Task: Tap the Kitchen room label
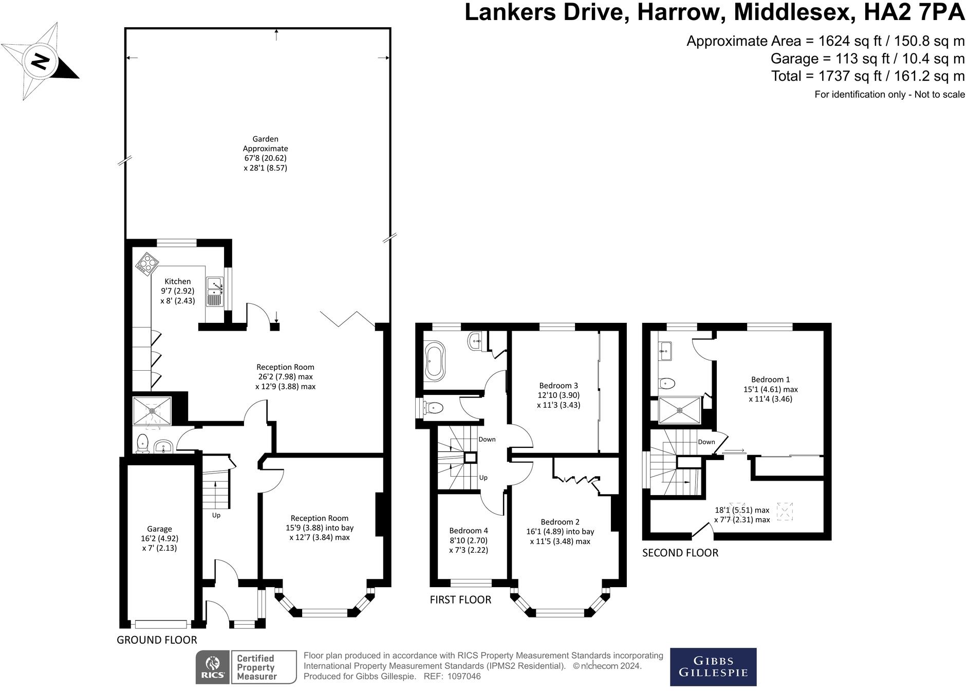[x=177, y=281]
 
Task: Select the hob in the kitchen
[x=147, y=264]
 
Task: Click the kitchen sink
[x=215, y=291]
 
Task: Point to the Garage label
[x=159, y=529]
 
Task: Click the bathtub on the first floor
[x=435, y=360]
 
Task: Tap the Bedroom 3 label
[x=559, y=385]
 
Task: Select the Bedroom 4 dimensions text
[x=468, y=545]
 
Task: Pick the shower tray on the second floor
[x=679, y=410]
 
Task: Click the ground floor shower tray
[x=152, y=410]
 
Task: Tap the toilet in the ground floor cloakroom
[x=142, y=443]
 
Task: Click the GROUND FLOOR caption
[x=157, y=640]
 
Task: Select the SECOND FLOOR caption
[x=680, y=553]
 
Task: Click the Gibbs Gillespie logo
[x=713, y=666]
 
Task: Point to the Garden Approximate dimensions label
[x=265, y=153]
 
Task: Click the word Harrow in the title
[x=681, y=12]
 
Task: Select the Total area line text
[x=867, y=76]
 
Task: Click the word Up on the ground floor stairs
[x=216, y=515]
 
